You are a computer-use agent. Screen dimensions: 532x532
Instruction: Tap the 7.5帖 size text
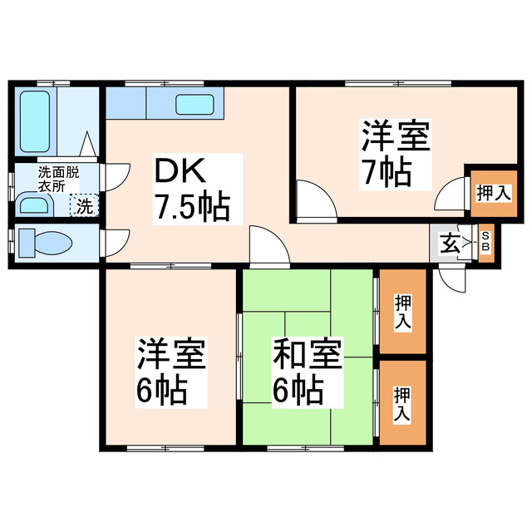[190, 208]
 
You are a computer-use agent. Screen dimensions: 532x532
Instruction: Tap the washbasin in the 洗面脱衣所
[34, 204]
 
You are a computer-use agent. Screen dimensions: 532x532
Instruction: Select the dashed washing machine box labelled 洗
[85, 204]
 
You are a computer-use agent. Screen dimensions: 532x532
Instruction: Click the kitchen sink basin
[196, 105]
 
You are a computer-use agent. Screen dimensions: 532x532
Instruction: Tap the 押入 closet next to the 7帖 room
[493, 193]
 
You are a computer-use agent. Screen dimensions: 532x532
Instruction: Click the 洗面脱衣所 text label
[57, 180]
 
